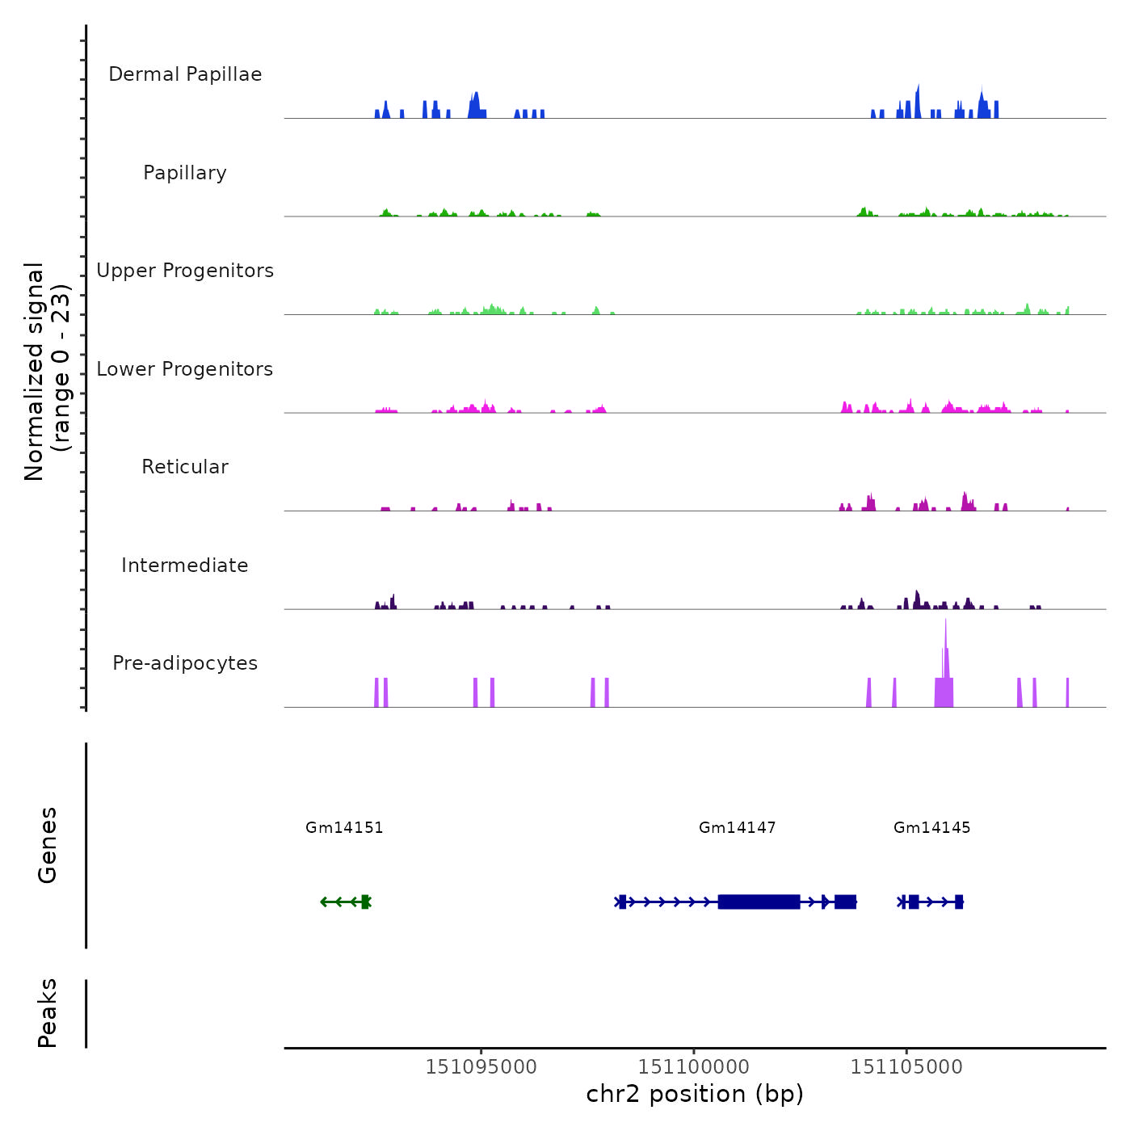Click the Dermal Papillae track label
(x=185, y=74)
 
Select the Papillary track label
(x=185, y=173)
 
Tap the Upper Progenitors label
(x=185, y=271)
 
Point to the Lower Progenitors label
(x=185, y=369)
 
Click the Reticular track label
(x=185, y=467)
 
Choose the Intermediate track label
(x=185, y=565)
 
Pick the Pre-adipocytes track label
(x=185, y=663)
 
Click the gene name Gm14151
(x=344, y=827)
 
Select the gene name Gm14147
(x=738, y=827)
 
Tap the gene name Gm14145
(x=932, y=827)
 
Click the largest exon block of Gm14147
(x=759, y=902)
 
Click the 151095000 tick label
(x=481, y=1067)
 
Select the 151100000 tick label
(x=694, y=1067)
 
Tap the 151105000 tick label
(x=906, y=1067)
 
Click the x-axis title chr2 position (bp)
(x=695, y=1094)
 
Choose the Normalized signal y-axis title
(x=47, y=371)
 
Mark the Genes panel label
(x=48, y=845)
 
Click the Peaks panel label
(x=48, y=1013)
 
